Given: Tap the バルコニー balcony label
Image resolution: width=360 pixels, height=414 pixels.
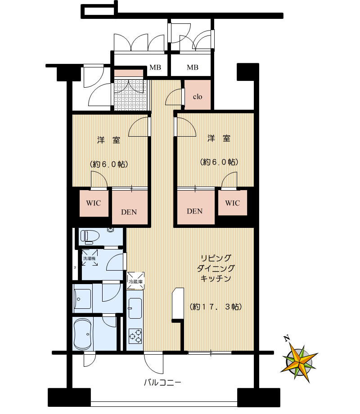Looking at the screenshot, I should pyautogui.click(x=162, y=383).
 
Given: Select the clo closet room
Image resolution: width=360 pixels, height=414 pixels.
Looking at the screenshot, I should pyautogui.click(x=198, y=96).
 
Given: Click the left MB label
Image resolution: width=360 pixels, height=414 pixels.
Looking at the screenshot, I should pyautogui.click(x=155, y=68).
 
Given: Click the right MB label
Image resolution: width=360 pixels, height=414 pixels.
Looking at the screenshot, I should pyautogui.click(x=193, y=68).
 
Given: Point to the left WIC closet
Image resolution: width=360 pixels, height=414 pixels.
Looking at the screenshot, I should pyautogui.click(x=94, y=203).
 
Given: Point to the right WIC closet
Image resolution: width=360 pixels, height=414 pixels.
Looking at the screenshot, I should pyautogui.click(x=233, y=203).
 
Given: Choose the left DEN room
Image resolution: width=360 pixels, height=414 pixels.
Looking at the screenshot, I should pyautogui.click(x=129, y=212).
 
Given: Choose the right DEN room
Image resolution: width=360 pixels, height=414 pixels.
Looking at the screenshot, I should pyautogui.click(x=195, y=211).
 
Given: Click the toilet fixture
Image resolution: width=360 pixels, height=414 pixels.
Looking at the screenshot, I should pyautogui.click(x=90, y=236).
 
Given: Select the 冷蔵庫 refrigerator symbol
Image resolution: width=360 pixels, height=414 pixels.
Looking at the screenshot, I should pyautogui.click(x=135, y=280).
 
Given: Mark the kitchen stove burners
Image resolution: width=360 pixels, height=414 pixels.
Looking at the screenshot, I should pyautogui.click(x=135, y=334).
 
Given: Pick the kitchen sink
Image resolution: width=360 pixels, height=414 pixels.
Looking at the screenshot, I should pyautogui.click(x=135, y=307).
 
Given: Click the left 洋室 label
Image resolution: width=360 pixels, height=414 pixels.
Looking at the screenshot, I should pyautogui.click(x=109, y=140).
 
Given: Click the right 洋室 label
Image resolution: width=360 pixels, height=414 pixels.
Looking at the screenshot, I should pyautogui.click(x=219, y=138).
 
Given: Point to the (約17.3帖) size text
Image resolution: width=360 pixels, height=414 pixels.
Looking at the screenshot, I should pyautogui.click(x=216, y=307).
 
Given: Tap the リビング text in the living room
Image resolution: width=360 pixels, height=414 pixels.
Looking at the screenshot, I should pyautogui.click(x=216, y=258).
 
